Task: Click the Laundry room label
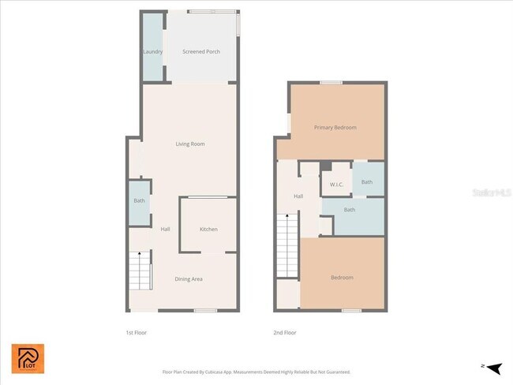tap(152, 52)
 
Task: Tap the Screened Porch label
tap(201, 52)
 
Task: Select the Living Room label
tap(190, 144)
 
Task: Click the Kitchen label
tap(208, 230)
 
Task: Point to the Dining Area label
tap(189, 278)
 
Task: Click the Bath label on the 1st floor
tap(140, 201)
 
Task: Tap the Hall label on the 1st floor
tap(166, 230)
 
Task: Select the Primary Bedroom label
tap(335, 128)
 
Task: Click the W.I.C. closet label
tap(335, 184)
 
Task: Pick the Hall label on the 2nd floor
tap(298, 196)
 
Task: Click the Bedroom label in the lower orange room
tap(342, 278)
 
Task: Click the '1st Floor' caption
tap(137, 332)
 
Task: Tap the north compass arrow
tap(494, 368)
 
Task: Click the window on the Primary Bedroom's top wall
tap(331, 82)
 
